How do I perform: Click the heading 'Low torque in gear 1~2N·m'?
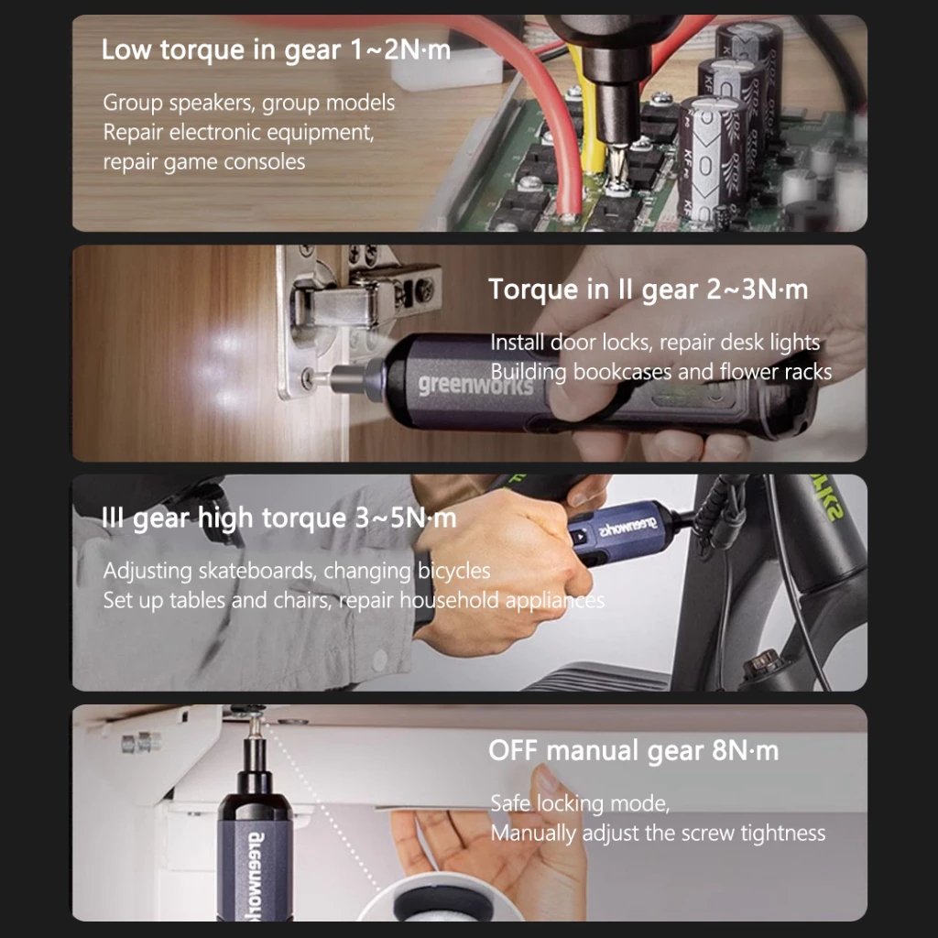276,49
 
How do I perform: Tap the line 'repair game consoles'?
204,161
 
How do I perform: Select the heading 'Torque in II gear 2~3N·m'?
649,289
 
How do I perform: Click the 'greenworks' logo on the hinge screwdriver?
475,384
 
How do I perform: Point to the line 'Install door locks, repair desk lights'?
655,343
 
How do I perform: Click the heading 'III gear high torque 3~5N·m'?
278,518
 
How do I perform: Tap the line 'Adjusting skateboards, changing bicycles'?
297,571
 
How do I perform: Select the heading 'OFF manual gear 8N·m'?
634,751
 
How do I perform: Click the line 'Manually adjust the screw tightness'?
658,833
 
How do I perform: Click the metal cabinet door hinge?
359,311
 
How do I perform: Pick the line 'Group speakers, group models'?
249,103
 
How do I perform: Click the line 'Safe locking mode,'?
580,802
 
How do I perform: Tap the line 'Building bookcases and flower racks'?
661,372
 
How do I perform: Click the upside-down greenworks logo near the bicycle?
628,527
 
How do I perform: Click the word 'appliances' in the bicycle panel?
554,600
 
